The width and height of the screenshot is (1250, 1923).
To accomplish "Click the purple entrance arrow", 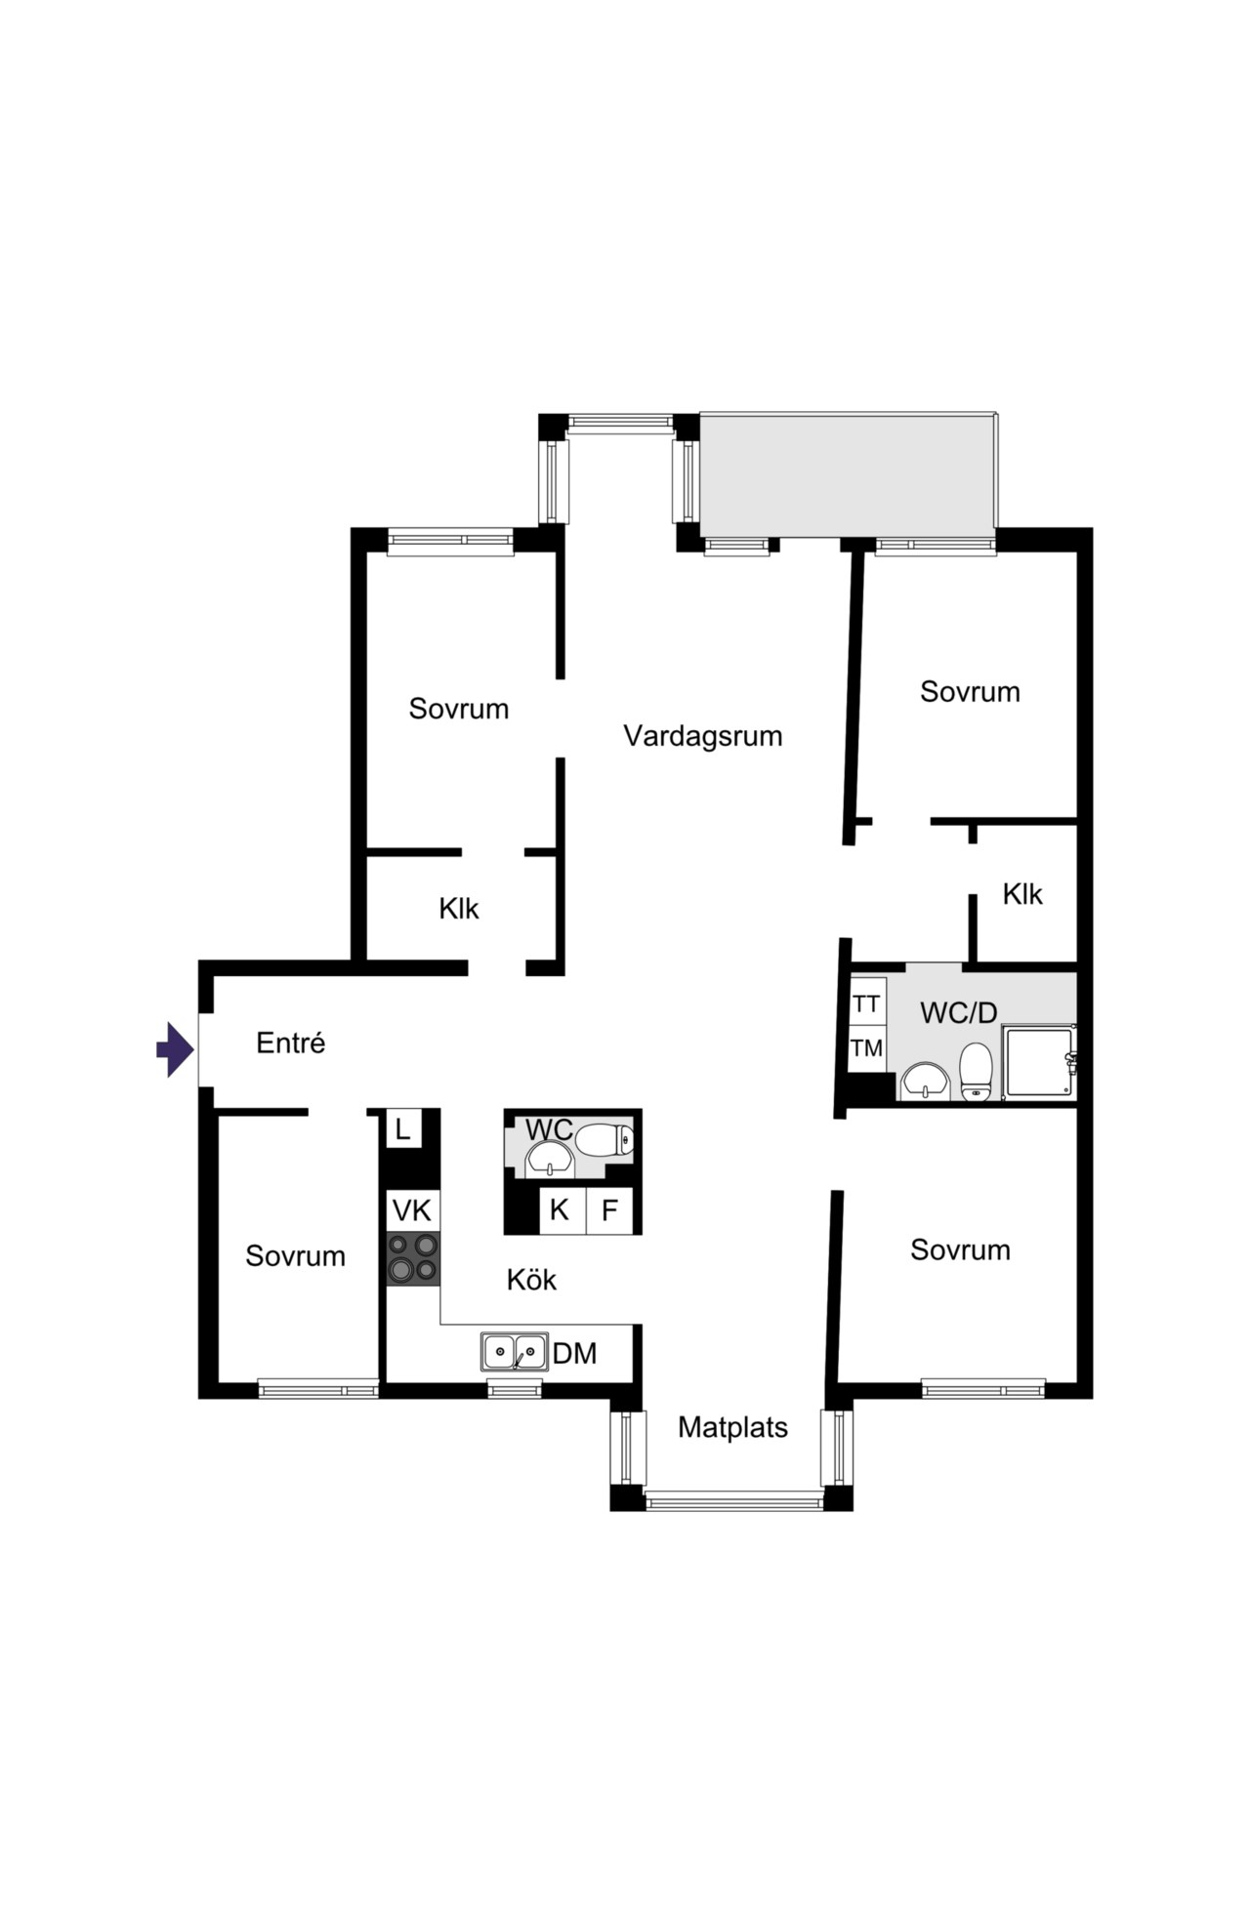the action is (176, 1049).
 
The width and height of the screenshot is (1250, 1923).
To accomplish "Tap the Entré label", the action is (290, 1043).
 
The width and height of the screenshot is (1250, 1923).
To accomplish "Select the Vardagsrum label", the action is (703, 735).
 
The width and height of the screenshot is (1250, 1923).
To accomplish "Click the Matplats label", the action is (732, 1427).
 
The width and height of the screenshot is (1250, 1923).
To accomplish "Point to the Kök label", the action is (531, 1279).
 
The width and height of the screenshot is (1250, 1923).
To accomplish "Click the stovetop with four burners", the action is (413, 1258).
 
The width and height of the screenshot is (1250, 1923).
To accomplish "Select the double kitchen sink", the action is (514, 1352).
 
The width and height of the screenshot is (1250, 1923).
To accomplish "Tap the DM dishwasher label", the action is (574, 1353).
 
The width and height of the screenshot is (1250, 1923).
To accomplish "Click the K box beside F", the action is (561, 1210).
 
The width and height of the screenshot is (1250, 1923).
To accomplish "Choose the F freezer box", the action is (609, 1210).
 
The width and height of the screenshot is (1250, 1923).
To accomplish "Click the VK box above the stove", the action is (412, 1210).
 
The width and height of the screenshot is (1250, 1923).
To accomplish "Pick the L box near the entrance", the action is (402, 1129).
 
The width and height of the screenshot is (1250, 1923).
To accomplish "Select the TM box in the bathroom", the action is (867, 1048).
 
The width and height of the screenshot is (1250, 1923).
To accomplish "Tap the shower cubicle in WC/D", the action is (1039, 1061).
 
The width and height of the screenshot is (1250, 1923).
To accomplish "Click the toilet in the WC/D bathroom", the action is (976, 1072).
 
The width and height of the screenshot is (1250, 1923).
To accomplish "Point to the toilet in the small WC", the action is (604, 1139).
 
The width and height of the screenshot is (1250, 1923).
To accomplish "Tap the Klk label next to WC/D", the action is (1022, 893).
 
